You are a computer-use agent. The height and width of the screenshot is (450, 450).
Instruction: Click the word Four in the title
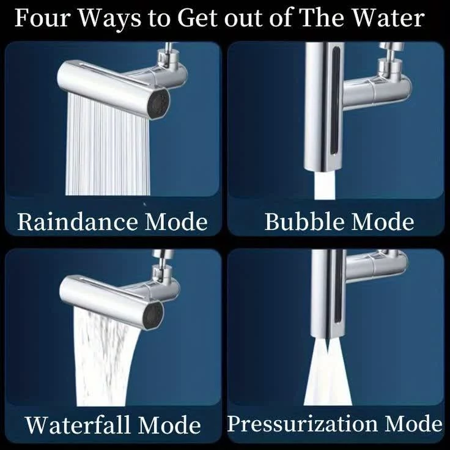tap(42, 18)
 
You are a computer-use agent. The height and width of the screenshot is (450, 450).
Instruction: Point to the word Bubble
tap(304, 221)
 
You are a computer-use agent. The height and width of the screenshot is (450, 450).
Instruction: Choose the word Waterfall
tap(78, 425)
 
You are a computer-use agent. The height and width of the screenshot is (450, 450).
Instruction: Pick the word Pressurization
tap(302, 424)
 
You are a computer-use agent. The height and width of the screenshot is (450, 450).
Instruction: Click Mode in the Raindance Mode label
tap(176, 222)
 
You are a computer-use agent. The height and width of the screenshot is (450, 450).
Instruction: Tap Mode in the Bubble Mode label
tap(383, 221)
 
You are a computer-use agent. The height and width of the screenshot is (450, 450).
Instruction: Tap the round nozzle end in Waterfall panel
tap(153, 316)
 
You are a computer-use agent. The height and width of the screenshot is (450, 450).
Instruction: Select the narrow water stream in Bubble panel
tap(325, 185)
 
